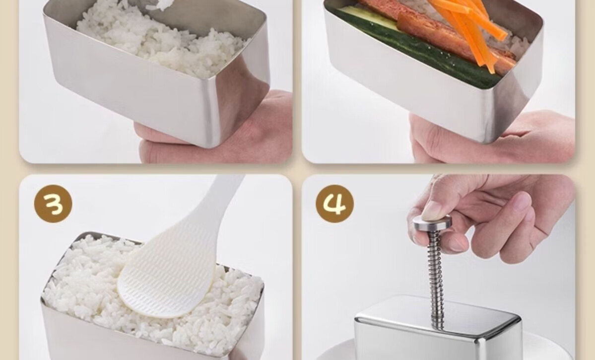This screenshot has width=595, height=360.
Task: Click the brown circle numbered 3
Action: tap(53, 204)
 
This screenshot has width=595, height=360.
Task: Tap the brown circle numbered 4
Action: tap(334, 204)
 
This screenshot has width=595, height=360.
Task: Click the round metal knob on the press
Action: tap(432, 222)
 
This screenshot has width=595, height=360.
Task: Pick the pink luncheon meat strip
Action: tap(436, 30)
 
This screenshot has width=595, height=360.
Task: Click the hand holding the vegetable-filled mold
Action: tap(493, 137)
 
